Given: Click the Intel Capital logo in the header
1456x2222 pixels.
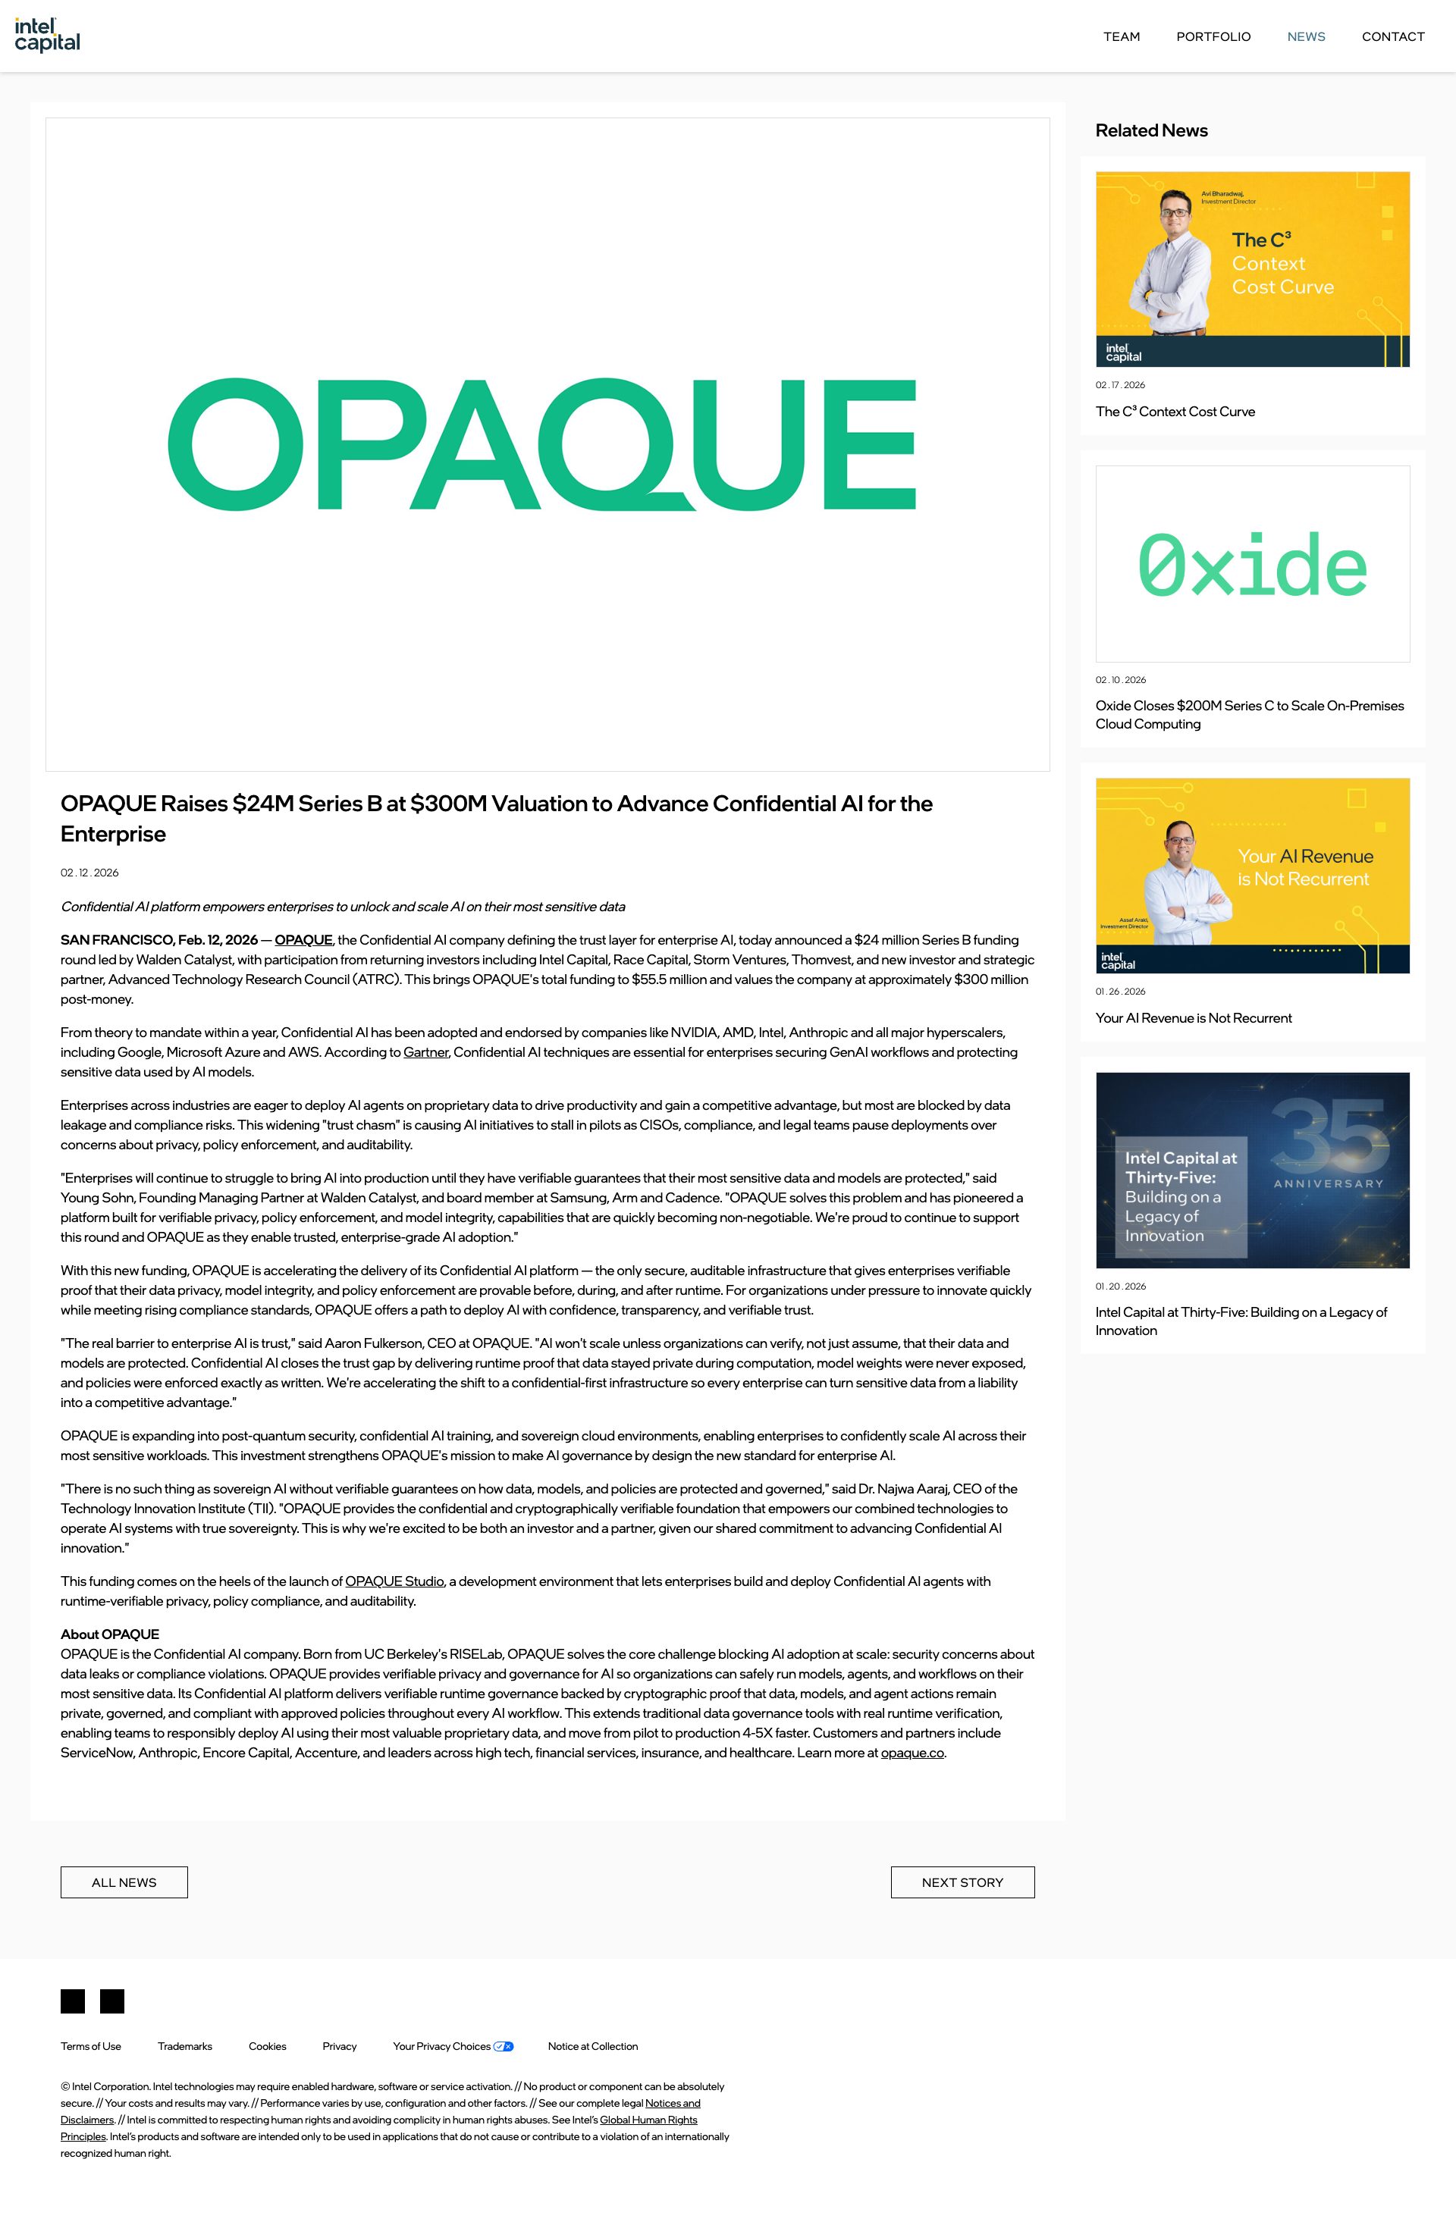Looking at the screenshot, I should tap(47, 35).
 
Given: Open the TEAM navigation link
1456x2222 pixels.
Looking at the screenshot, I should tap(1121, 36).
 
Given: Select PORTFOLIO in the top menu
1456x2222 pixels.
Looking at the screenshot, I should tap(1213, 36).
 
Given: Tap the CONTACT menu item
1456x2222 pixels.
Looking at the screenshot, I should tap(1392, 36).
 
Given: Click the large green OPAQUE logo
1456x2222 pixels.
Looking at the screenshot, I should tap(541, 444).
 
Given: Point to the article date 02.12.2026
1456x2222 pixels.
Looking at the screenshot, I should tap(89, 873).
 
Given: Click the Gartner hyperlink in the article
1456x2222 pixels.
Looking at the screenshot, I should tap(426, 1052).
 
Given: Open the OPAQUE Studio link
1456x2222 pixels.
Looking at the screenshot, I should tap(394, 1581).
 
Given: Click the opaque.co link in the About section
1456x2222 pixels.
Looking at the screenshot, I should tap(912, 1753).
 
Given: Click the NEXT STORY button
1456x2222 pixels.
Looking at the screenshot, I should tap(962, 1882).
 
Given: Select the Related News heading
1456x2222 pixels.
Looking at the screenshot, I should tap(1150, 130).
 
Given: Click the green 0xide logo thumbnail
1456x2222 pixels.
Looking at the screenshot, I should tap(1251, 564).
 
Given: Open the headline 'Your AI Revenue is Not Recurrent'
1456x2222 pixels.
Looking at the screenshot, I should tap(1194, 1017).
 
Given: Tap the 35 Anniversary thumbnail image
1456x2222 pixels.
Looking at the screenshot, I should tap(1251, 1170).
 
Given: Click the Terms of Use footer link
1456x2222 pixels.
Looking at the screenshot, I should tap(90, 2046).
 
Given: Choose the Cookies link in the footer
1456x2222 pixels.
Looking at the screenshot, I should tap(267, 2046).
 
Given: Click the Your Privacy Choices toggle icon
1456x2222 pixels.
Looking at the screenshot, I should tap(504, 2046).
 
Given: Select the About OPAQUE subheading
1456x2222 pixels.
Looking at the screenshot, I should tap(109, 1634).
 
